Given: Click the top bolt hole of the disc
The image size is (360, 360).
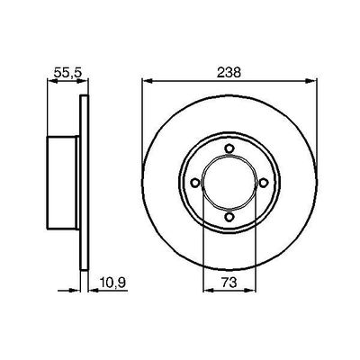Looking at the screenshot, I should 229,148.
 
